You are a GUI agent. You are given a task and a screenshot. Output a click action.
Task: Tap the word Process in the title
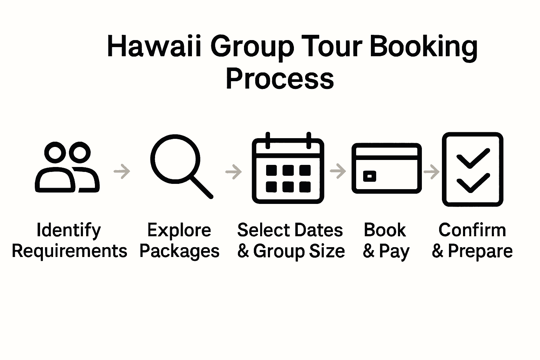pyautogui.click(x=279, y=78)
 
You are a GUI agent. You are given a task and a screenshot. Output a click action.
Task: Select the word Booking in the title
pyautogui.click(x=423, y=47)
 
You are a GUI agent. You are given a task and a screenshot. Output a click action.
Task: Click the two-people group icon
pyautogui.click(x=67, y=167)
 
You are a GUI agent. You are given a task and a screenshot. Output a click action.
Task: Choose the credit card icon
pyautogui.click(x=386, y=168)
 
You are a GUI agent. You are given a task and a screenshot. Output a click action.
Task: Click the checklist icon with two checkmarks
pyautogui.click(x=472, y=169)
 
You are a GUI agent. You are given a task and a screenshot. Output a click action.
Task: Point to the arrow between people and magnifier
pyautogui.click(x=122, y=172)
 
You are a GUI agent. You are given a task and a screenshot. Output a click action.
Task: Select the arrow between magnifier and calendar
pyautogui.click(x=233, y=172)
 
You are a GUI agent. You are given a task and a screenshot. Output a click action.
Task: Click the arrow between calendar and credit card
pyautogui.click(x=338, y=171)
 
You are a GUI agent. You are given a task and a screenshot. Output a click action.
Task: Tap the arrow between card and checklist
pyautogui.click(x=431, y=172)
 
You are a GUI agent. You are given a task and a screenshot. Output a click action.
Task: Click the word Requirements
pyautogui.click(x=70, y=251)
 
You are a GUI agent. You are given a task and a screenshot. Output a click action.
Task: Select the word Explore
pyautogui.click(x=179, y=231)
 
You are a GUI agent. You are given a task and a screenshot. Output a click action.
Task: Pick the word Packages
pyautogui.click(x=179, y=252)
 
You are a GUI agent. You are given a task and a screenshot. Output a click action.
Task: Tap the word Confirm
pyautogui.click(x=472, y=230)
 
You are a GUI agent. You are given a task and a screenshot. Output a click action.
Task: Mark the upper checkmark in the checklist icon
pyautogui.click(x=472, y=158)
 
